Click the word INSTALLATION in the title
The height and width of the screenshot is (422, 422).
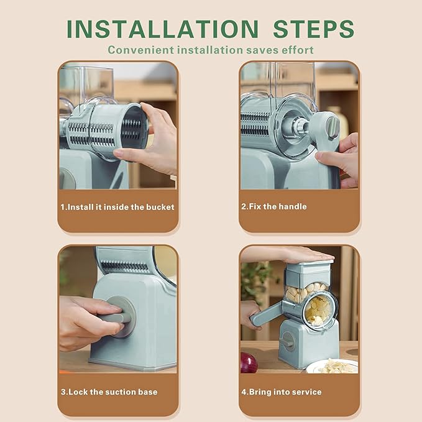(x=163, y=29)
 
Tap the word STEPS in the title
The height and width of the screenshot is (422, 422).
(x=313, y=29)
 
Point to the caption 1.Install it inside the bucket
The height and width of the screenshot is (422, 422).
(x=117, y=207)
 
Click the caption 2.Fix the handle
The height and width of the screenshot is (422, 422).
(x=274, y=206)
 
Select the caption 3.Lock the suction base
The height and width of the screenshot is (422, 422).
(x=109, y=392)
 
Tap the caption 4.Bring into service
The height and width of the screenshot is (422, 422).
(x=282, y=392)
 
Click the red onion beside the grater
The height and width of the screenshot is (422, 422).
(x=249, y=363)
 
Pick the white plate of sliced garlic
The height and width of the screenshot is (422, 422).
(x=333, y=366)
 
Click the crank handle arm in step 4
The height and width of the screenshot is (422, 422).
(x=267, y=313)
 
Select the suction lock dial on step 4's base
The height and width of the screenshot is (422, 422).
(x=288, y=341)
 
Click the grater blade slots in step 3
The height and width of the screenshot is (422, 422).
(x=124, y=267)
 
